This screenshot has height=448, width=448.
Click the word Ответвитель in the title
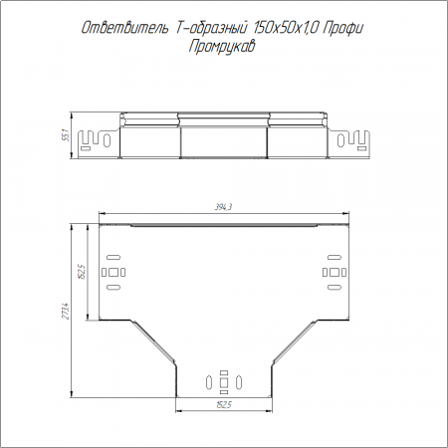[125, 28]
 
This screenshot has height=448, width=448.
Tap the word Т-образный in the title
[210, 28]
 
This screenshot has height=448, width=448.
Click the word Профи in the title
[343, 29]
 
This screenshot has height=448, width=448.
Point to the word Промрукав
[222, 46]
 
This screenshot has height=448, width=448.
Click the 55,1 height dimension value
[66, 135]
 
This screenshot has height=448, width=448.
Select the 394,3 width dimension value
[224, 207]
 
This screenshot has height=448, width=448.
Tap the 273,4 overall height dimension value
[66, 311]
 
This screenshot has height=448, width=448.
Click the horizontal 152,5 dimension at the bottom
[224, 405]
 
